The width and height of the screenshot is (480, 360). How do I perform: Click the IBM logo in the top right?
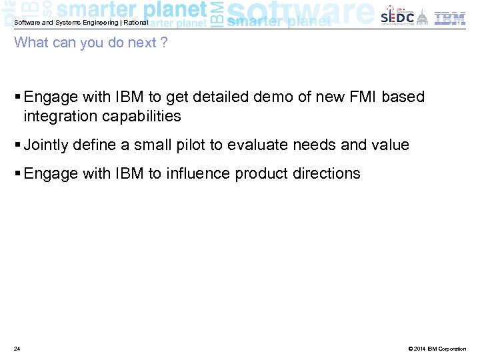450,18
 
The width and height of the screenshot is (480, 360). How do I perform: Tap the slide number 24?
17,349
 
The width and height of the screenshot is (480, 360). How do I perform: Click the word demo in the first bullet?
273,97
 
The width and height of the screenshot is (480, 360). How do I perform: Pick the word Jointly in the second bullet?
45,145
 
